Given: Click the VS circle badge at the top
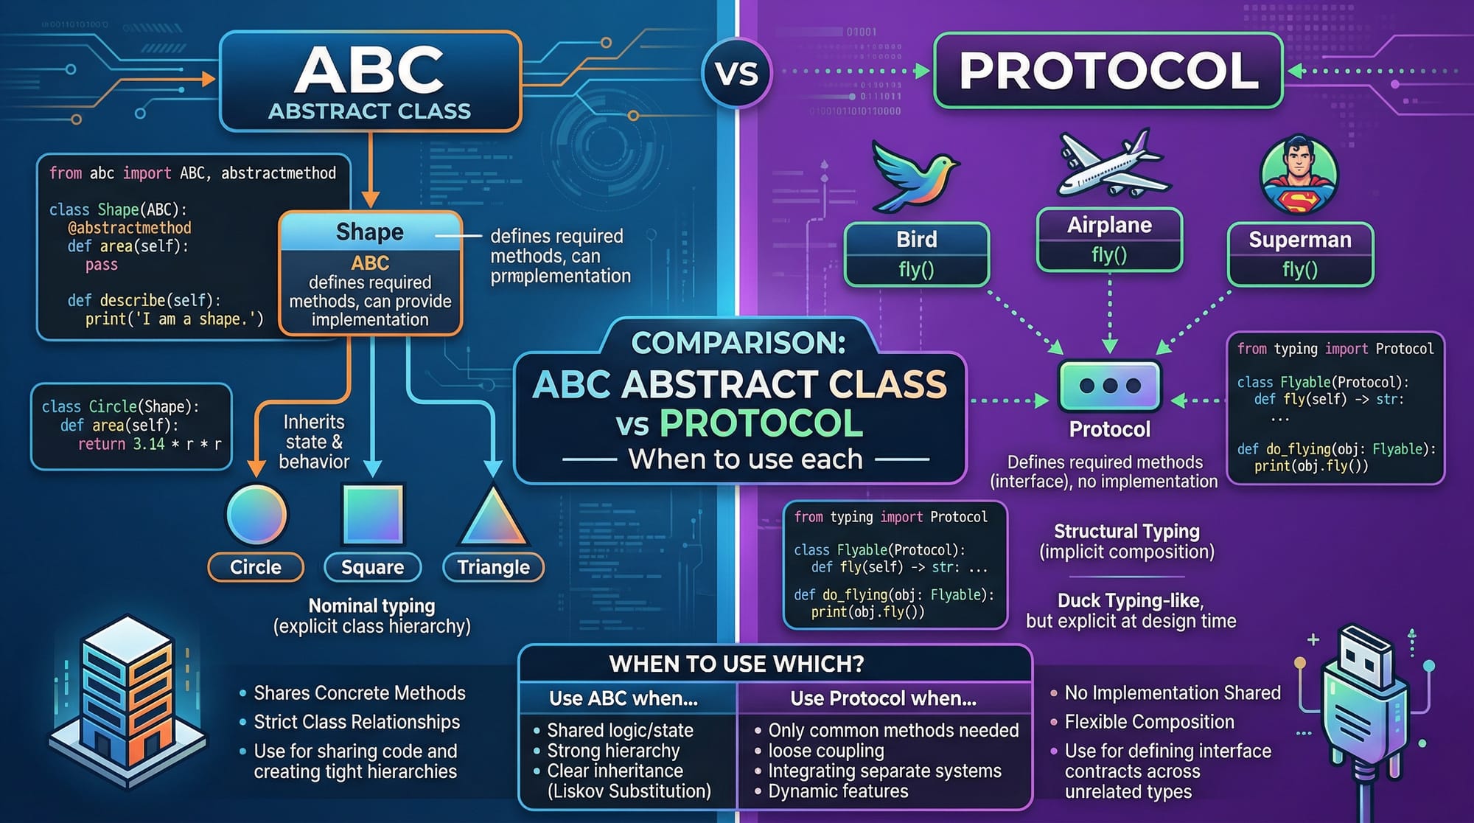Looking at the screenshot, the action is pos(736,73).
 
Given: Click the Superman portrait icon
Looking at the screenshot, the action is pos(1299,175).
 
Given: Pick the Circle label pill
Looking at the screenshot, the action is pos(256,567).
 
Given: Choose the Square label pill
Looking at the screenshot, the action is pos(372,567).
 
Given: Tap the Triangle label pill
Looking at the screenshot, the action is pos(493,567).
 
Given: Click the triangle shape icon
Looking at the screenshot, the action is pos(493,516).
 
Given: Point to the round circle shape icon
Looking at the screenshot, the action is pos(256,514).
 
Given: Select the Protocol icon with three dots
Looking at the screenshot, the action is pos(1109,385).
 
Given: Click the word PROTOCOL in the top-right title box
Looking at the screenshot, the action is pos(1108,71).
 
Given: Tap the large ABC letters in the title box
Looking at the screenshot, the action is pos(369,70).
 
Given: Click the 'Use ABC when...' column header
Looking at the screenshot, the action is pos(624,698).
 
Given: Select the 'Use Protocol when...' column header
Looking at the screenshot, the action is pos(883,698).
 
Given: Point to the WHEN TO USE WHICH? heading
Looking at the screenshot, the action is pos(736,664).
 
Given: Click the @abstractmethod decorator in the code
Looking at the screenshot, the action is pos(130,228).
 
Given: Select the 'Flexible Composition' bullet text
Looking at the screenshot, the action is pos(1149,722).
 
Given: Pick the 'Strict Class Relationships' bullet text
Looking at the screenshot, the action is pos(357,722).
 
